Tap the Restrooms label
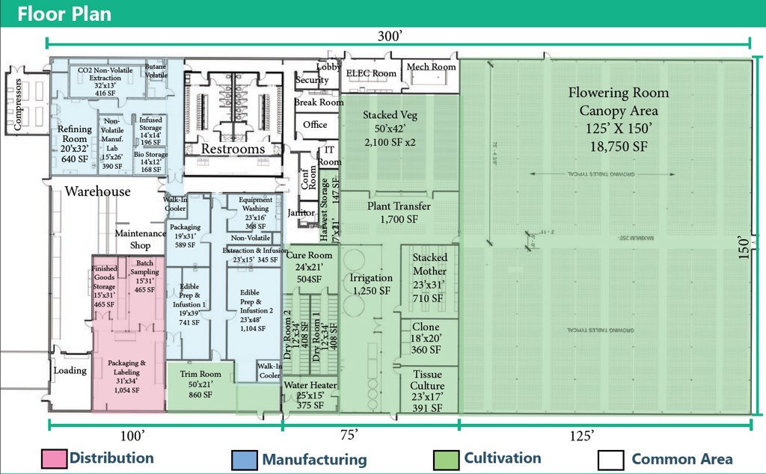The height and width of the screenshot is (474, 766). [233, 149]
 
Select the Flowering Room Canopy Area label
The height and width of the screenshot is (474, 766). [618, 119]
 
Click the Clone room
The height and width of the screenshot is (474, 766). [426, 338]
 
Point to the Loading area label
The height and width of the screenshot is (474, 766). [70, 370]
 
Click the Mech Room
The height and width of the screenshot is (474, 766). [431, 67]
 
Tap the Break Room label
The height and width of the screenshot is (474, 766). [319, 102]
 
